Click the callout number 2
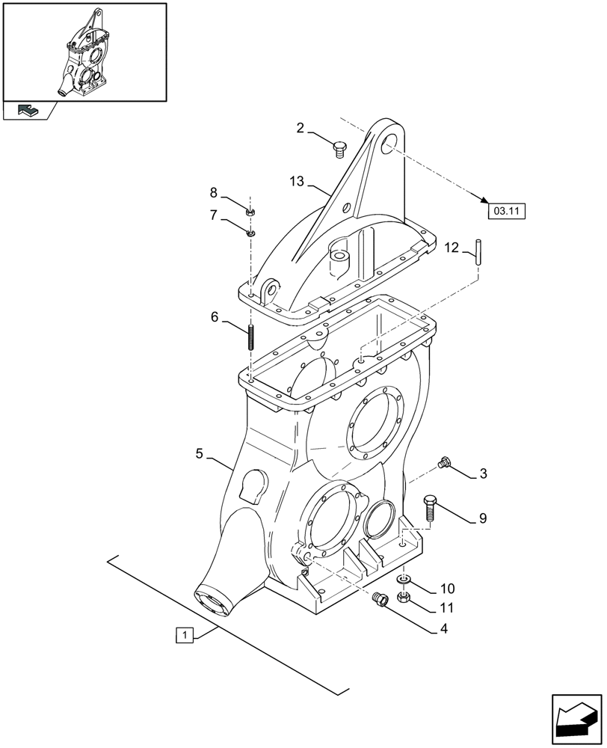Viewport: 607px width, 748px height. point(301,128)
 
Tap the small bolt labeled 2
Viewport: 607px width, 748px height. point(339,150)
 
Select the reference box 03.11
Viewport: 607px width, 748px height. point(506,211)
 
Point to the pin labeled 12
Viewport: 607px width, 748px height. point(478,250)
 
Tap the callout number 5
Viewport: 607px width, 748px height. point(200,453)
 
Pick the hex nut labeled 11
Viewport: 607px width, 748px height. point(403,597)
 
